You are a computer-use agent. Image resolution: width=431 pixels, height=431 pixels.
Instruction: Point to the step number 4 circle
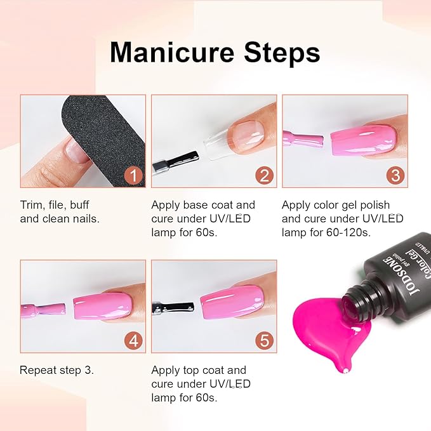(133, 340)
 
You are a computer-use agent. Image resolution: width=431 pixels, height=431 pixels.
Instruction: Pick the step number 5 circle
(263, 340)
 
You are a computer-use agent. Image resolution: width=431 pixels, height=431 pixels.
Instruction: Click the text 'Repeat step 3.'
(56, 370)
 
